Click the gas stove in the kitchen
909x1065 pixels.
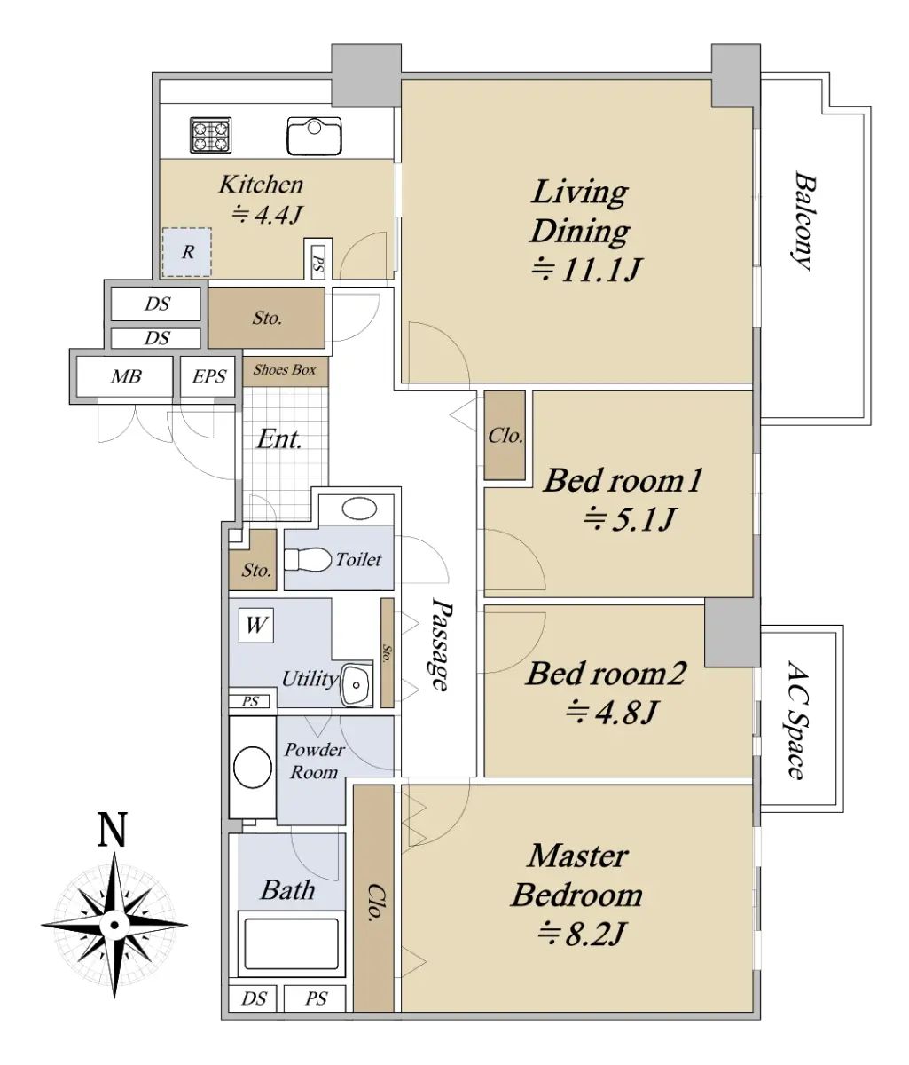click(x=210, y=135)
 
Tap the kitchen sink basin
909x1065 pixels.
click(x=313, y=136)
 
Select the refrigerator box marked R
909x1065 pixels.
click(x=187, y=252)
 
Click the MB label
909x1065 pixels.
click(x=126, y=376)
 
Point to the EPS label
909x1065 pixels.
click(x=208, y=376)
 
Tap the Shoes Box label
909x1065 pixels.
click(x=284, y=369)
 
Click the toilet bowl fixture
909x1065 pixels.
click(x=308, y=559)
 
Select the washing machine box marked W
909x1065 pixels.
click(x=255, y=626)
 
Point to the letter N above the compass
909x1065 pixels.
click(x=113, y=830)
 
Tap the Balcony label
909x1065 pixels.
click(x=802, y=220)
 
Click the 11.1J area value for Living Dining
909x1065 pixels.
click(x=587, y=268)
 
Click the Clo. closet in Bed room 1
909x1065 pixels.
click(x=505, y=436)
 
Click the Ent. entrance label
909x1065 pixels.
click(x=279, y=439)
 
